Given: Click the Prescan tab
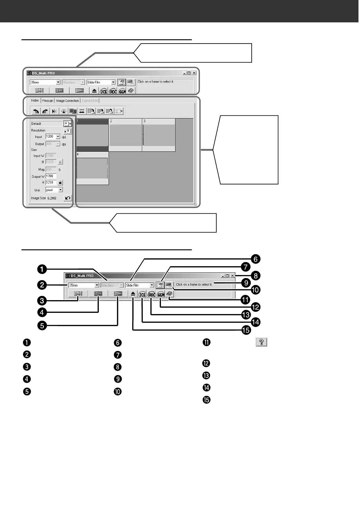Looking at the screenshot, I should pyautogui.click(x=48, y=101).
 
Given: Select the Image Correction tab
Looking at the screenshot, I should pyautogui.click(x=67, y=101).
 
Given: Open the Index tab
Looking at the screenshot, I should pyautogui.click(x=35, y=100).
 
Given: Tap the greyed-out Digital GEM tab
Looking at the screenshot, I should pyautogui.click(x=90, y=101).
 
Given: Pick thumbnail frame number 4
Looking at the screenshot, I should pyautogui.click(x=92, y=169).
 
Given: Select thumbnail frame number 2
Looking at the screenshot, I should pyautogui.click(x=125, y=135).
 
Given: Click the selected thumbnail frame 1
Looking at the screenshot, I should pyautogui.click(x=92, y=135).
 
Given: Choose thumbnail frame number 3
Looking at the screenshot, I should pyautogui.click(x=159, y=135).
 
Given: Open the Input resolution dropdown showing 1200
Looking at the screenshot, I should pyautogui.click(x=58, y=137).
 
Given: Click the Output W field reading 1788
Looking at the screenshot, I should pyautogui.click(x=51, y=176).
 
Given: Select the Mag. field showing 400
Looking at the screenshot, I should pyautogui.click(x=51, y=170).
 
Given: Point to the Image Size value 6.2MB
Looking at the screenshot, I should pyautogui.click(x=52, y=198).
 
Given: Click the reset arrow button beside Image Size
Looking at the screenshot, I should pyautogui.click(x=68, y=198).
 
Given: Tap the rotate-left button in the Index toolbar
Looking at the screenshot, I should pyautogui.click(x=36, y=111).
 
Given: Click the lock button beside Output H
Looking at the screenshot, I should pyautogui.click(x=60, y=183).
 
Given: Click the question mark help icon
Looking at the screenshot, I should pyautogui.click(x=262, y=342).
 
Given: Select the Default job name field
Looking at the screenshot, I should pyautogui.click(x=47, y=124).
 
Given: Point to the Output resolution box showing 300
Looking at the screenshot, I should pyautogui.click(x=51, y=144).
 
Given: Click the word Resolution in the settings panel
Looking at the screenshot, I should pyautogui.click(x=38, y=130).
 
